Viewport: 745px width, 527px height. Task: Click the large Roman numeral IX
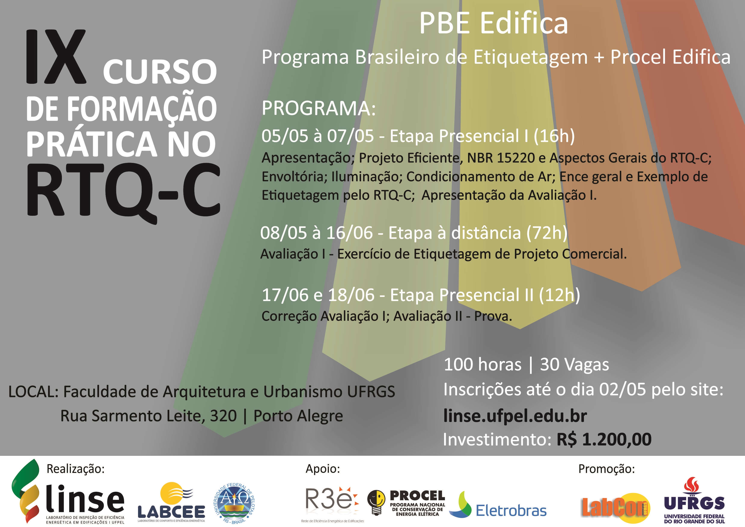coord(56,57)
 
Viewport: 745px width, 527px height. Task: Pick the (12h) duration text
coord(559,295)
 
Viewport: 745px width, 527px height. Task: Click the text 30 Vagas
coord(574,365)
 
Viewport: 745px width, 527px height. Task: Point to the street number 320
coord(223,416)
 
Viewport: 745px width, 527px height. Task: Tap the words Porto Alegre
coord(298,416)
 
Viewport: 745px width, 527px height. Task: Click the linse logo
coord(68,493)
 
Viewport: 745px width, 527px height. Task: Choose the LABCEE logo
coord(171,501)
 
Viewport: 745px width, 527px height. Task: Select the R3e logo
coord(331,503)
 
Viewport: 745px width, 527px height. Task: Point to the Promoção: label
coord(606,469)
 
